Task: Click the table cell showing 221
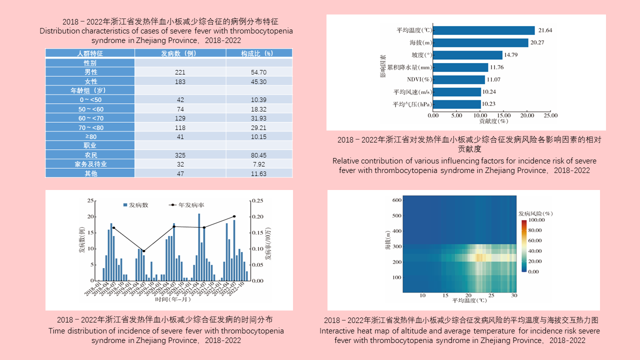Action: pos(180,72)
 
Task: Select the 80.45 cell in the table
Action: pos(258,155)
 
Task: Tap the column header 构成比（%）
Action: pos(258,53)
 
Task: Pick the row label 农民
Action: pos(90,155)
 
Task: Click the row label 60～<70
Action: pos(90,118)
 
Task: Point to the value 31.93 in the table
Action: pos(258,118)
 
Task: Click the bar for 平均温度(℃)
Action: pos(483,30)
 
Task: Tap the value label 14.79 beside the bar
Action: pos(511,55)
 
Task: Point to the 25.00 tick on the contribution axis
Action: pos(550,115)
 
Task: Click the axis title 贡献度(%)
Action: pos(493,121)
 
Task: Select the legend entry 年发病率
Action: pos(192,205)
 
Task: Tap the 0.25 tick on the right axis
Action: pos(256,200)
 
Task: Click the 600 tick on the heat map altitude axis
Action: pos(397,200)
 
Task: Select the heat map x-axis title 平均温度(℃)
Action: pos(469,301)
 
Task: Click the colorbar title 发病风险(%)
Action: pos(535,213)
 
